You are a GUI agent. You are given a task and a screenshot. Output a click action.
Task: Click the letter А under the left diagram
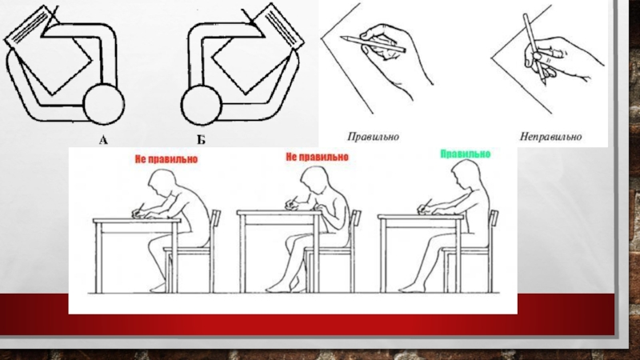(103, 141)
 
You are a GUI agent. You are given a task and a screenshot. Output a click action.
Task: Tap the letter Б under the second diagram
(201, 141)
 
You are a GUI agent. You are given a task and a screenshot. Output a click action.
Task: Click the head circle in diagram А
(104, 104)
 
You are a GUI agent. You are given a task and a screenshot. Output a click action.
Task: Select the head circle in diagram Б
(202, 106)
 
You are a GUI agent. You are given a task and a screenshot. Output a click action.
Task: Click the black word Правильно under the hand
(373, 137)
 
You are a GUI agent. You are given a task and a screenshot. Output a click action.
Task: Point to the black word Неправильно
(550, 136)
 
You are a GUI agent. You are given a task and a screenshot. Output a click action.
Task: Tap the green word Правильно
(466, 154)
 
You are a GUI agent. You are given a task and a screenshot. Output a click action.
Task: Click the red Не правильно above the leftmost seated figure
(166, 158)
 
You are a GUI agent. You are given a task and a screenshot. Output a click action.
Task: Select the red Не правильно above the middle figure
(317, 157)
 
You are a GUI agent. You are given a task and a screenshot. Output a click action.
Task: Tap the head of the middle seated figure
(314, 179)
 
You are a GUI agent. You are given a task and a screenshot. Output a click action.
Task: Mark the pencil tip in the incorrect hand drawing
(545, 83)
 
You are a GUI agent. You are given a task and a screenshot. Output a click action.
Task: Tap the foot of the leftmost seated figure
(158, 288)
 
